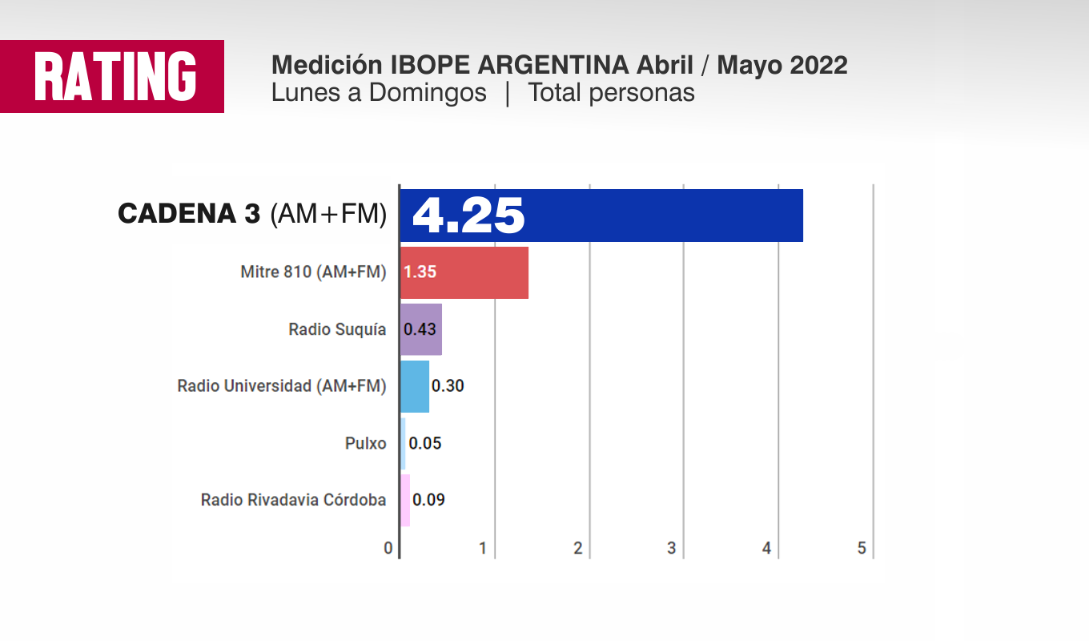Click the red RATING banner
(112, 76)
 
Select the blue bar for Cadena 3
(641, 216)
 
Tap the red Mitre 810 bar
(480, 272)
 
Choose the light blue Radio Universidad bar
(415, 386)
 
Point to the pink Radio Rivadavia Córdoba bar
(405, 500)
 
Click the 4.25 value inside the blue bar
(468, 216)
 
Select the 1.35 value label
(420, 272)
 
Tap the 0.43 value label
(420, 329)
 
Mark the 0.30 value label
(448, 386)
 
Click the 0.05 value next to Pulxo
(425, 443)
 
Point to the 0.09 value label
(428, 500)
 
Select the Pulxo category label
(366, 443)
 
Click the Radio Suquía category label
(337, 329)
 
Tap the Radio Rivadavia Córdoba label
(293, 500)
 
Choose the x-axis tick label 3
(672, 549)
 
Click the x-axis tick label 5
(862, 549)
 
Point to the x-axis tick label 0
(388, 549)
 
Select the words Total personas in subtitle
(611, 93)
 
